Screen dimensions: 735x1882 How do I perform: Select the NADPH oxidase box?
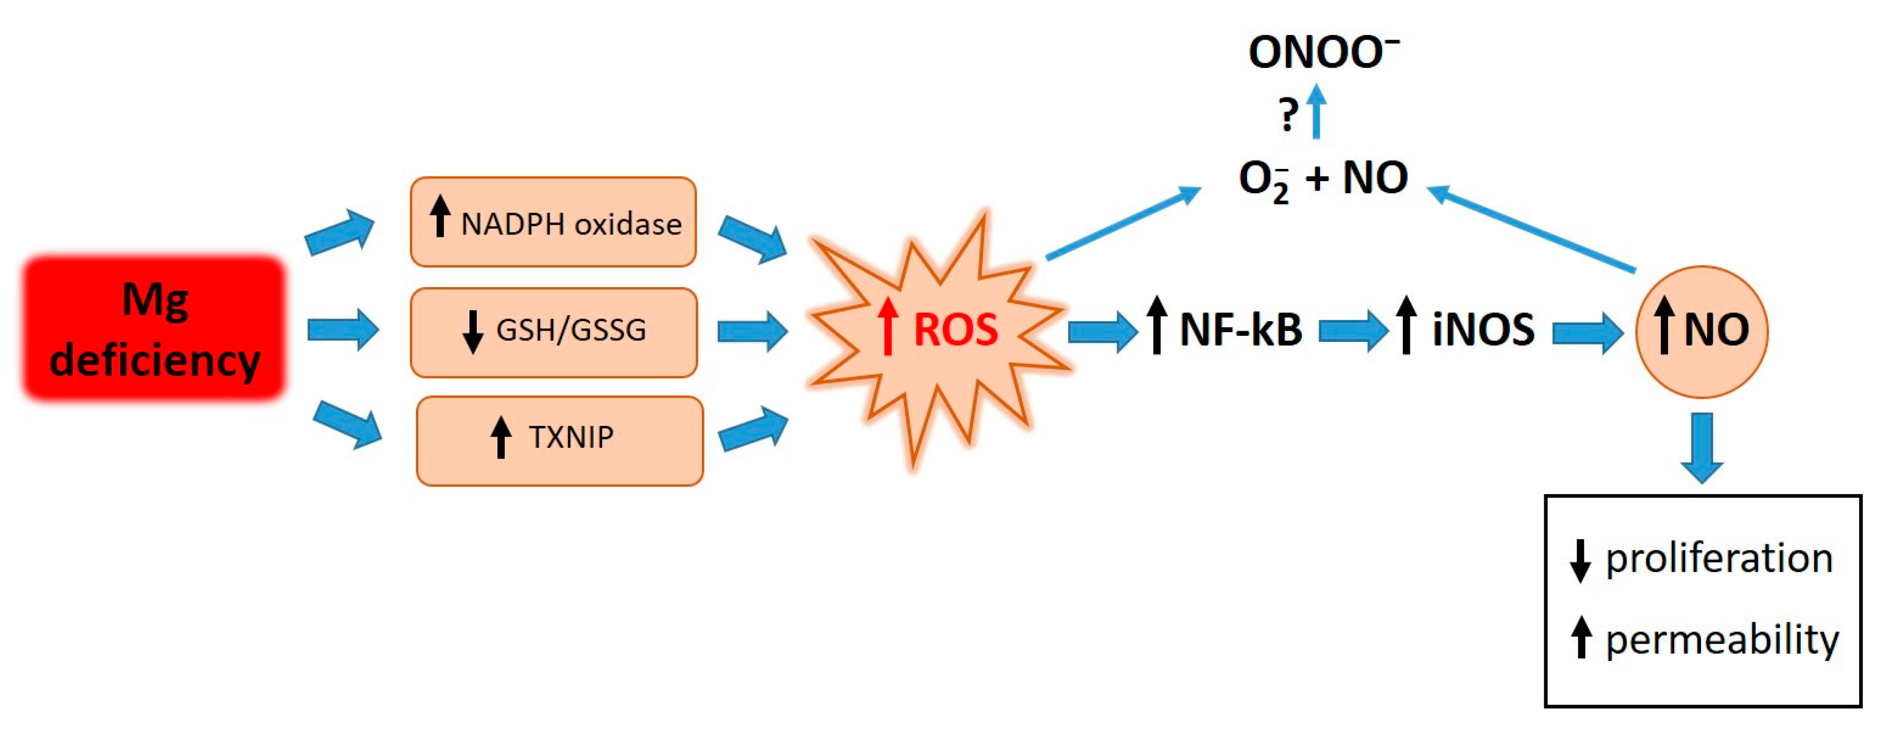[x=553, y=222]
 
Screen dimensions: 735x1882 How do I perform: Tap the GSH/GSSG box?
[x=553, y=332]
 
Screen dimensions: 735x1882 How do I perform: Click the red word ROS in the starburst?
[x=955, y=330]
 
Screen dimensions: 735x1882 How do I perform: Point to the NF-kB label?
[x=1240, y=330]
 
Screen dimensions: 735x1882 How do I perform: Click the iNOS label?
[x=1483, y=330]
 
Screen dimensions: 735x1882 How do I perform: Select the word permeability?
[x=1721, y=640]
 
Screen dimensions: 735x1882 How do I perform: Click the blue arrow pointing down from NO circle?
[x=1701, y=447]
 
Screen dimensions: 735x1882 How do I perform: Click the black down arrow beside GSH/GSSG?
[x=473, y=332]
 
